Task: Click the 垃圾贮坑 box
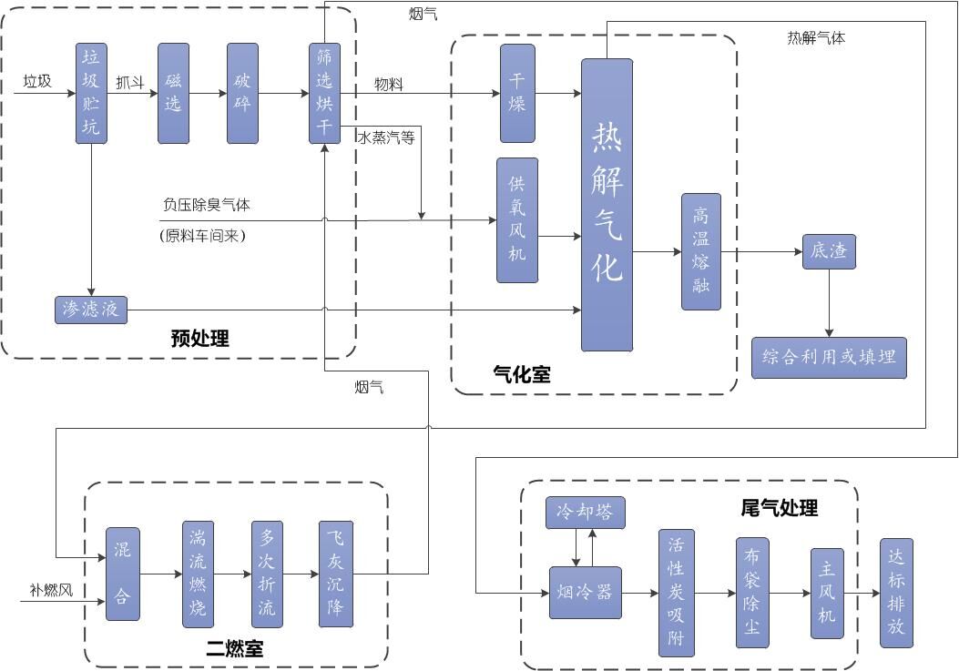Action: tap(91, 93)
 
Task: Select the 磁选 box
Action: tap(173, 93)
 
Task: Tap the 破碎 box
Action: tap(243, 93)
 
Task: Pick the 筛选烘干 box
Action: tap(324, 93)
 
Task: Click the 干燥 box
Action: tap(517, 93)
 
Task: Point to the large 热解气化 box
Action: tap(607, 205)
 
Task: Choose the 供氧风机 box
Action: tap(516, 220)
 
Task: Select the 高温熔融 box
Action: tap(700, 251)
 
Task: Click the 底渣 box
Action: tap(829, 251)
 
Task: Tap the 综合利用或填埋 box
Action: tap(829, 357)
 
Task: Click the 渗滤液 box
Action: tap(90, 310)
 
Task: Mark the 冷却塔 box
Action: tap(586, 513)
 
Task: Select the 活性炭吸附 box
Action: tap(676, 593)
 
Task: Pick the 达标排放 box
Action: tap(896, 593)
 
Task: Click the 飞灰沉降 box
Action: tap(335, 574)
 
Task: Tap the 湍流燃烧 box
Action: tap(198, 574)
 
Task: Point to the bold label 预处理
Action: tap(200, 339)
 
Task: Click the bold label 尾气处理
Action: tap(780, 508)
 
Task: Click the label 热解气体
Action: tap(816, 38)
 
